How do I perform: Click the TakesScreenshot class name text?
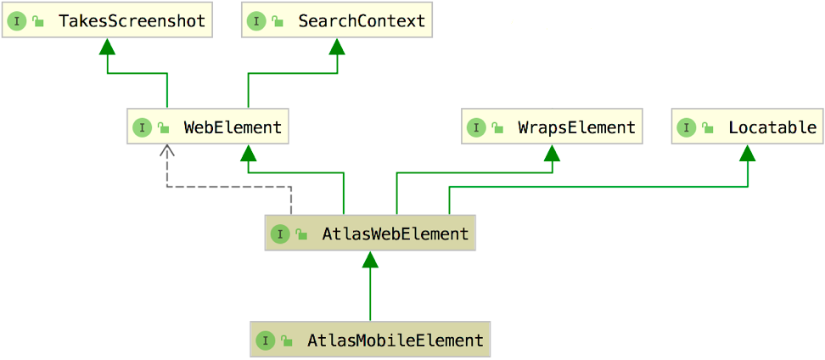(132, 21)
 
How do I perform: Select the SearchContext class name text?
(362, 21)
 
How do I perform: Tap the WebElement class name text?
(233, 128)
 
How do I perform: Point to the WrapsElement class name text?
(576, 128)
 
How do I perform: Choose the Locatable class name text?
(772, 128)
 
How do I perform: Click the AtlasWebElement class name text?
(395, 234)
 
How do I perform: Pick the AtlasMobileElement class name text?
(395, 341)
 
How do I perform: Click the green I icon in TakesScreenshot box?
(16, 21)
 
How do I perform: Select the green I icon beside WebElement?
(142, 128)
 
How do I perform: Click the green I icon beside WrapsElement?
(476, 128)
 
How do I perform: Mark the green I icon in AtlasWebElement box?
(280, 234)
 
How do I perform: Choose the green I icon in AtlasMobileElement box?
(265, 341)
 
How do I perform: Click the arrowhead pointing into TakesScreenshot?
(107, 46)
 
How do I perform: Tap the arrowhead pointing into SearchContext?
(337, 46)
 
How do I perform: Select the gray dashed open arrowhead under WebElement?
(167, 150)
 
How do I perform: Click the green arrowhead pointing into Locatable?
(748, 153)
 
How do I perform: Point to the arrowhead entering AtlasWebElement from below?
(370, 259)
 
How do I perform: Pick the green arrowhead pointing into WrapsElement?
(553, 153)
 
